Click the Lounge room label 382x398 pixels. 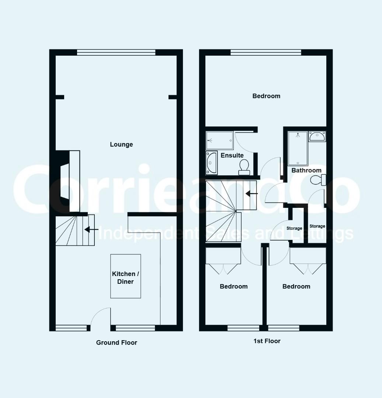(121, 144)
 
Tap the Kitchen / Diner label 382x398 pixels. (125, 277)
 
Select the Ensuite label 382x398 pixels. (232, 156)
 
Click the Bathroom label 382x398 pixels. (306, 170)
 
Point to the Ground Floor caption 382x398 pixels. (117, 343)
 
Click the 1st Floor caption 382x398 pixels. (267, 341)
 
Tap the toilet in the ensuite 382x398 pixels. (244, 167)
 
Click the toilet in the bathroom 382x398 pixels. (318, 180)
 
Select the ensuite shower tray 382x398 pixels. (219, 140)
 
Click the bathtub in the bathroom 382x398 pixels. (298, 149)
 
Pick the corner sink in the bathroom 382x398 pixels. (317, 136)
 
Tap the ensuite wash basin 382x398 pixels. (212, 163)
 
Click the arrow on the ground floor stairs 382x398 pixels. (91, 230)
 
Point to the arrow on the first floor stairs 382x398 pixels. (251, 194)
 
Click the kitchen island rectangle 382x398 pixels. (125, 276)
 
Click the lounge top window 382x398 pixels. (116, 52)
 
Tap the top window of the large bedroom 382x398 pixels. (266, 52)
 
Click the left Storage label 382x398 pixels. (294, 228)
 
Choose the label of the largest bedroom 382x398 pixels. (266, 96)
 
